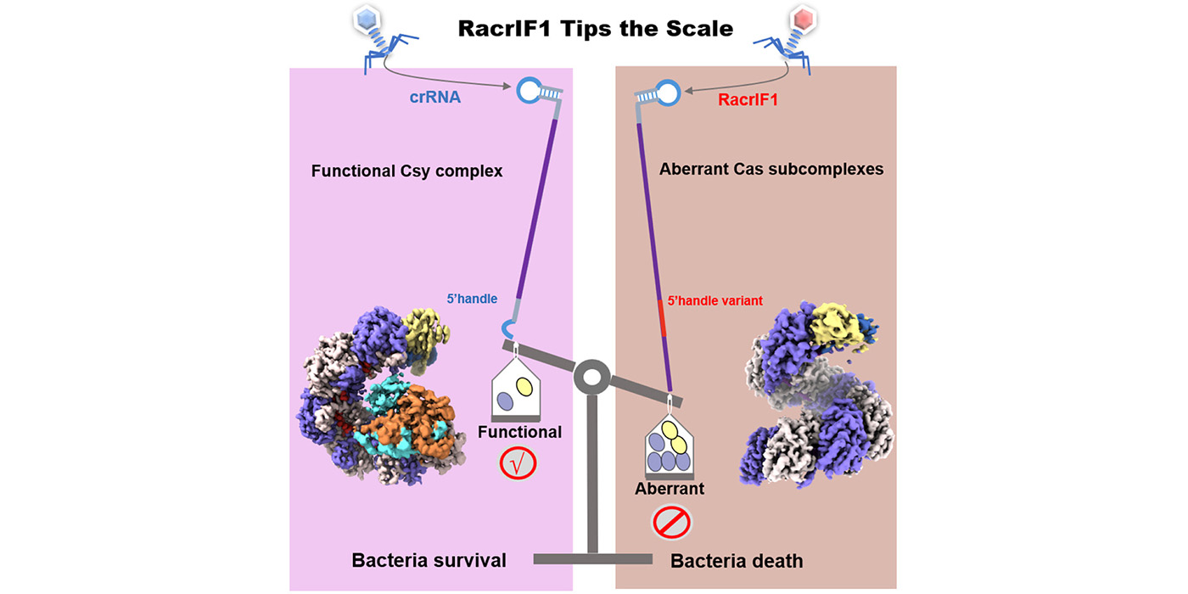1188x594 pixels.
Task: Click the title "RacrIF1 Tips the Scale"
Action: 595,28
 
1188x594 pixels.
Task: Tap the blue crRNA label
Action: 434,98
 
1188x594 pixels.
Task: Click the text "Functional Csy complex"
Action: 406,171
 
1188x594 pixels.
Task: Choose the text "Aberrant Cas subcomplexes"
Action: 771,169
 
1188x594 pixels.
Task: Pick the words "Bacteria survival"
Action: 429,560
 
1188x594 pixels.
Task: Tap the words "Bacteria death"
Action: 737,560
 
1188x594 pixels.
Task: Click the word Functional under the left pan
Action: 519,432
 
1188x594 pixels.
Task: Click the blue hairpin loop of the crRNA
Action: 531,89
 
